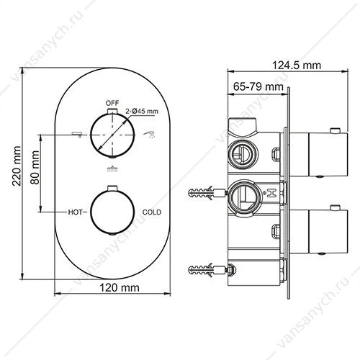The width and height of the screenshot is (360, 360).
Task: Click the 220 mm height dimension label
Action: coord(17,166)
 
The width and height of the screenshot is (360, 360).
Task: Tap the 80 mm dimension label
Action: coord(35,168)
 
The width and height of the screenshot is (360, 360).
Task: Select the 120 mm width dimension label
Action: coord(120,287)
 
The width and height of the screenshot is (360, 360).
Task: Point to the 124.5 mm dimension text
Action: coord(297,66)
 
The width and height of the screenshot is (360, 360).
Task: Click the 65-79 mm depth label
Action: coord(258,86)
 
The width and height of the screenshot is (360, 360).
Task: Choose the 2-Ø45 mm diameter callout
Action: coord(142,112)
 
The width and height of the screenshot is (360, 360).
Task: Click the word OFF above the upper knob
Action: coord(112,103)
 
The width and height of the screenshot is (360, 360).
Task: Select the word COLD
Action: coord(152,212)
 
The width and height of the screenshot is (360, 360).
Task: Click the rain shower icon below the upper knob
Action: coord(112,169)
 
